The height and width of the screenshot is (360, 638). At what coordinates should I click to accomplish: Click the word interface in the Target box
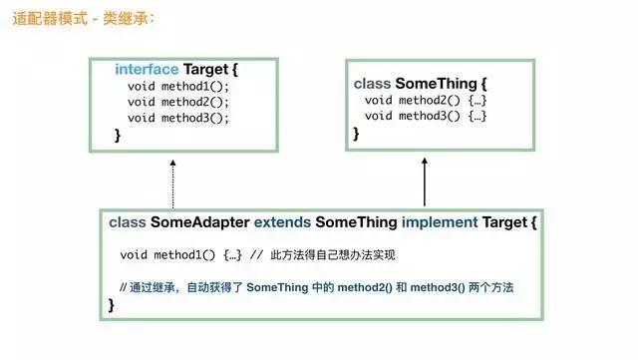(147, 70)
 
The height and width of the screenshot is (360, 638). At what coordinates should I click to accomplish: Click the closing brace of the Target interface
(118, 135)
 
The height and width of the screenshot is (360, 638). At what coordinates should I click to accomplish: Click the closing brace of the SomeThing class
(356, 133)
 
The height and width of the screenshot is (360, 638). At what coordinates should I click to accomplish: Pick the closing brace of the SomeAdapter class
(112, 305)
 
